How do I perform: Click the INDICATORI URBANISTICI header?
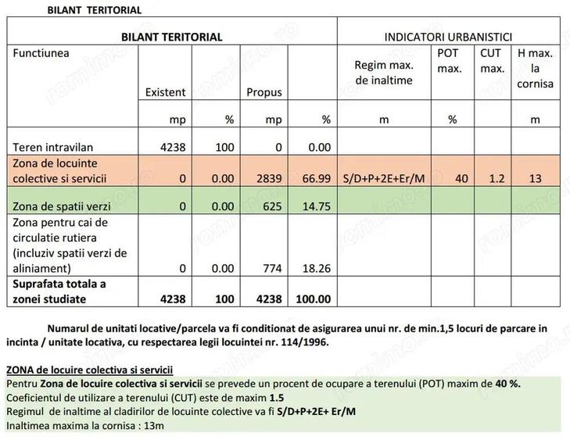pyautogui.click(x=448, y=36)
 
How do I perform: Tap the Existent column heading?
pyautogui.click(x=166, y=92)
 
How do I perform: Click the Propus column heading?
pyautogui.click(x=264, y=92)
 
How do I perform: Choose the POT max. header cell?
pyautogui.click(x=451, y=61)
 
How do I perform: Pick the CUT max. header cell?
pyautogui.click(x=491, y=61)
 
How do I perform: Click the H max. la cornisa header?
pyautogui.click(x=535, y=68)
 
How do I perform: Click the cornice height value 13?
pyautogui.click(x=535, y=179)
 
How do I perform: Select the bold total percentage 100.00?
pyautogui.click(x=313, y=299)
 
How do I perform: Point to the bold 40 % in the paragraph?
pyautogui.click(x=508, y=383)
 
